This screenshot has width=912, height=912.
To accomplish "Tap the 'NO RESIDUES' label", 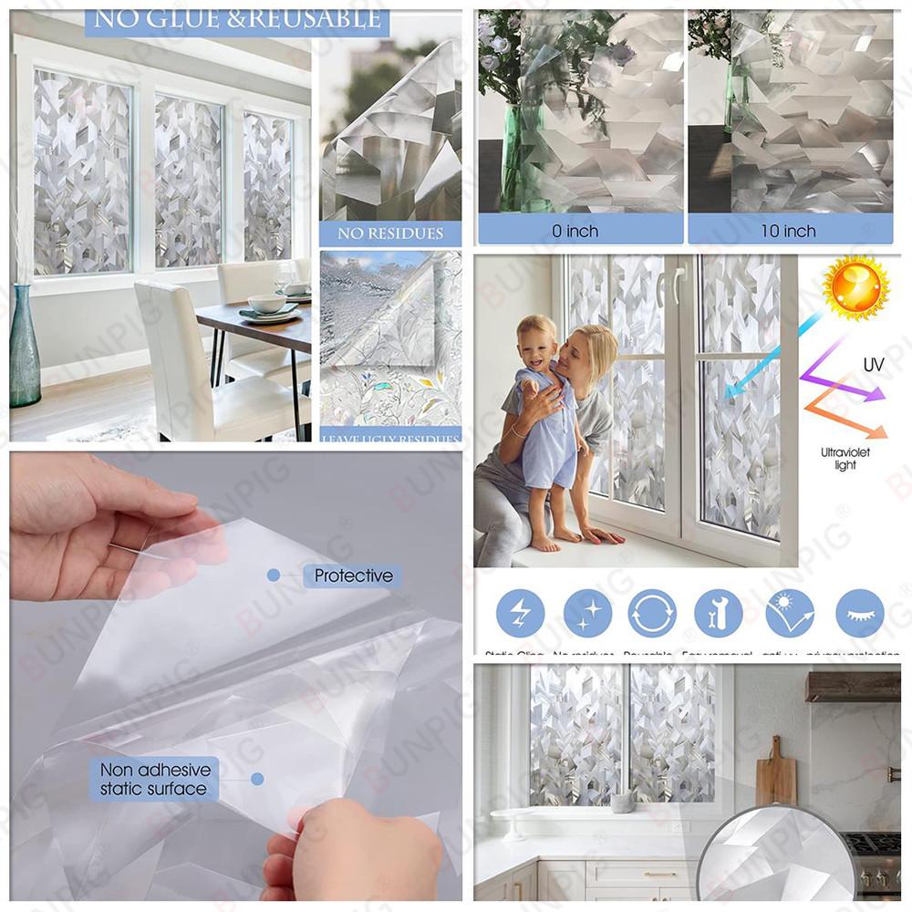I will [390, 233].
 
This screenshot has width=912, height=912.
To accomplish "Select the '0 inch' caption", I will [575, 231].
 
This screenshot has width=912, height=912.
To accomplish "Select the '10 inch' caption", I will [788, 231].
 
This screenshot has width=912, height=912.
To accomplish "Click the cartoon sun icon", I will [855, 287].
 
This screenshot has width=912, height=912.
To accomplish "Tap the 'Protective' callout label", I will [353, 575].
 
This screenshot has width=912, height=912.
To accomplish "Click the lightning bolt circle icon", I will [520, 613].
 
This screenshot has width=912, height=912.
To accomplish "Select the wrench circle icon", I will [718, 613].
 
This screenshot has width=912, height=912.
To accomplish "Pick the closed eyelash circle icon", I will [859, 613].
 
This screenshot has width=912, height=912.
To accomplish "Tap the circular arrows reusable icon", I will [652, 613].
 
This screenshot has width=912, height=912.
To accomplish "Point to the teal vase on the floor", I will [24, 351].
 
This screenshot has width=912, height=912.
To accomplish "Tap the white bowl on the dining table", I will [266, 303].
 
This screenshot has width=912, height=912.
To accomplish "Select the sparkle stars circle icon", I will [586, 613].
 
